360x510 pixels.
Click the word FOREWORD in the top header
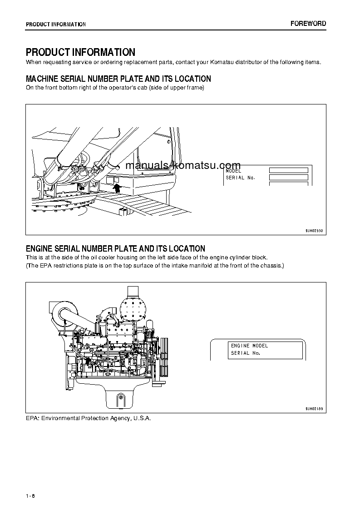(308, 24)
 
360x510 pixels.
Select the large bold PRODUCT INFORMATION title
(80, 53)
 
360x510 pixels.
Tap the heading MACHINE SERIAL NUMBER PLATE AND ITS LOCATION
(118, 79)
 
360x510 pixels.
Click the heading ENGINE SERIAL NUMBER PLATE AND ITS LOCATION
(115, 249)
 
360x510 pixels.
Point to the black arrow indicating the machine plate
(117, 188)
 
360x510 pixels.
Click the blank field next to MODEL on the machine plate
(288, 170)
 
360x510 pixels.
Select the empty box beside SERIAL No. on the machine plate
(288, 178)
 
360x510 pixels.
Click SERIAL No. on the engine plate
(245, 353)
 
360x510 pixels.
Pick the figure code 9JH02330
(314, 231)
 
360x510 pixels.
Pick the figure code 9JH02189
(314, 409)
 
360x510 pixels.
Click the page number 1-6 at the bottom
(30, 495)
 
